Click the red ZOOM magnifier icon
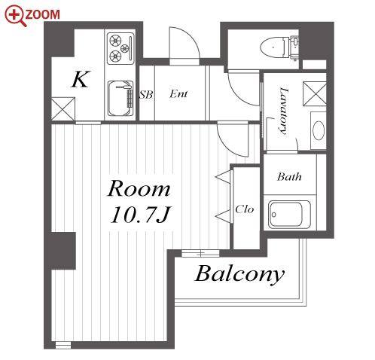tap(16, 16)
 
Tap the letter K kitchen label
tap(81, 79)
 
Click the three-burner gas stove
tap(120, 48)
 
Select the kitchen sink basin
tap(120, 99)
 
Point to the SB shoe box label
tap(146, 95)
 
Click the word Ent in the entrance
tap(178, 93)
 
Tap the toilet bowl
tap(274, 47)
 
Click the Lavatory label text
tap(284, 111)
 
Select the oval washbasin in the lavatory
tap(319, 130)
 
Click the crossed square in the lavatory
tap(315, 93)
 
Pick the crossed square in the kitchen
tap(63, 109)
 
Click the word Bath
tap(289, 177)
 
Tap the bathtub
tap(289, 214)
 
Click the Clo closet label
tap(245, 209)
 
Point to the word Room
tap(139, 188)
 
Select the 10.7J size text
tap(141, 215)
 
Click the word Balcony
tap(239, 274)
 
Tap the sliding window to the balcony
tap(200, 253)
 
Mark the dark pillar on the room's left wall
tap(63, 251)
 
